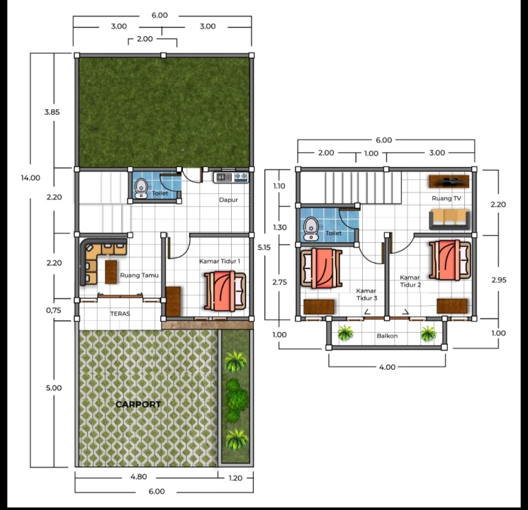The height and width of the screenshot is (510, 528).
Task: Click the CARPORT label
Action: click(x=138, y=404)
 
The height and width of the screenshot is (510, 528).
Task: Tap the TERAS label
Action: click(x=120, y=314)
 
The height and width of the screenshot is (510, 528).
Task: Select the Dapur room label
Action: click(x=228, y=200)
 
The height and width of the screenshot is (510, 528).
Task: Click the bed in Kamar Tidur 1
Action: click(x=225, y=291)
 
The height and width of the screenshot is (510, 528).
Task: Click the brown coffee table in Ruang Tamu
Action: click(x=111, y=272)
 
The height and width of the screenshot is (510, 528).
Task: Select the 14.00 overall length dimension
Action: click(x=30, y=178)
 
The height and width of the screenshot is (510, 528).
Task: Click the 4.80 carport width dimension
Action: click(x=138, y=477)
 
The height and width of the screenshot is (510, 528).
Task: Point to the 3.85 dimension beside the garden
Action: click(x=52, y=112)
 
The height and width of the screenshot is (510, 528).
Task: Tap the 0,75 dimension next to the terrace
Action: click(x=54, y=310)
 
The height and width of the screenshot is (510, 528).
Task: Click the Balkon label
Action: click(x=387, y=336)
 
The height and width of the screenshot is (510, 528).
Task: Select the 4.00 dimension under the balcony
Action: click(x=387, y=367)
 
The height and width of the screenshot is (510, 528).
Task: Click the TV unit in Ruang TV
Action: click(x=449, y=181)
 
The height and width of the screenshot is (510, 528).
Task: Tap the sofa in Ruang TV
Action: click(x=449, y=219)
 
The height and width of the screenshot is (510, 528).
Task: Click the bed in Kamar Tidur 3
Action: click(x=321, y=268)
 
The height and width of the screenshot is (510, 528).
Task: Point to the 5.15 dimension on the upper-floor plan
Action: click(x=264, y=247)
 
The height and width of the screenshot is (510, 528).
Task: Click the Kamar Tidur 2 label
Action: click(x=410, y=281)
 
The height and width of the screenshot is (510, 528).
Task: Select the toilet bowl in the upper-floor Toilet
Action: click(x=311, y=229)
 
